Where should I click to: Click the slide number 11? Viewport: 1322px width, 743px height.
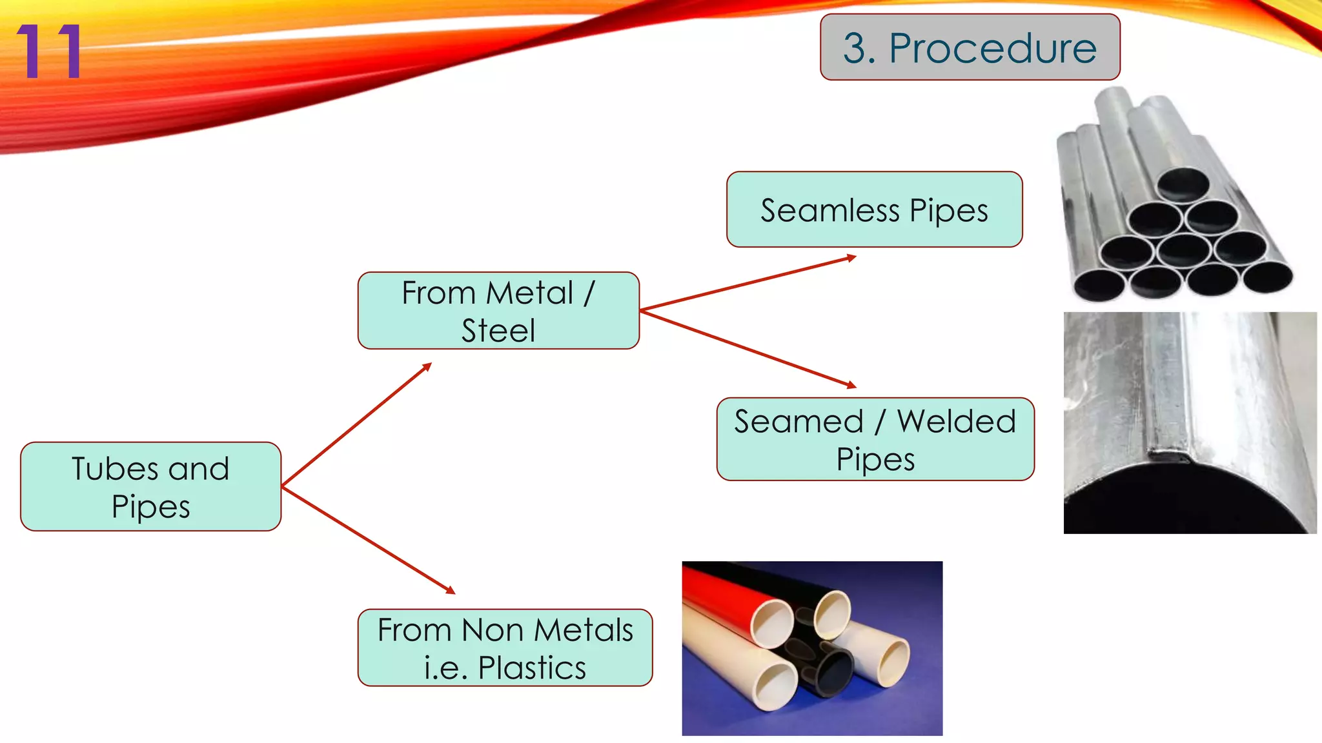pos(49,52)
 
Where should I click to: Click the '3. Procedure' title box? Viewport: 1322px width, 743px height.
pos(970,48)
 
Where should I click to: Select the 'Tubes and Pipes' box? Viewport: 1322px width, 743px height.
pos(150,487)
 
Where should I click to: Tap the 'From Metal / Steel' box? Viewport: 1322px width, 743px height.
pos(498,311)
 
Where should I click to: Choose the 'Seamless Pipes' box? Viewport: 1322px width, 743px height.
pos(874,210)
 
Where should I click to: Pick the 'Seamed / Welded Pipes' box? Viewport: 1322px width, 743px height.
pos(875,439)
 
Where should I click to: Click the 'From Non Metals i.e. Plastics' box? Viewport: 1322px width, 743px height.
pos(505,648)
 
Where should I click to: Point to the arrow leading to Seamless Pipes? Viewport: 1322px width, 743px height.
pos(749,284)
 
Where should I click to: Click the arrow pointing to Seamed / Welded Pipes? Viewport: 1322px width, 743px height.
pos(749,349)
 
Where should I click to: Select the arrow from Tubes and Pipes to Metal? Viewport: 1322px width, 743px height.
pos(356,424)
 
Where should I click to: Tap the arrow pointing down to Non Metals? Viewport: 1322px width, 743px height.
pos(368,540)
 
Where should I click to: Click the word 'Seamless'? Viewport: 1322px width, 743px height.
pos(829,210)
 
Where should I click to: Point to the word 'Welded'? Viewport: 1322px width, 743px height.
pos(957,421)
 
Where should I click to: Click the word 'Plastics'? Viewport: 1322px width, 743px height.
pos(532,668)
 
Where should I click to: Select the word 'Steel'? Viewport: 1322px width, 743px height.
pos(498,330)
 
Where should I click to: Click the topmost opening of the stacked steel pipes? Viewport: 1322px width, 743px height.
pos(1183,184)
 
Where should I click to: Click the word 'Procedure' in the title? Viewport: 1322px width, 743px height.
pos(992,48)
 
